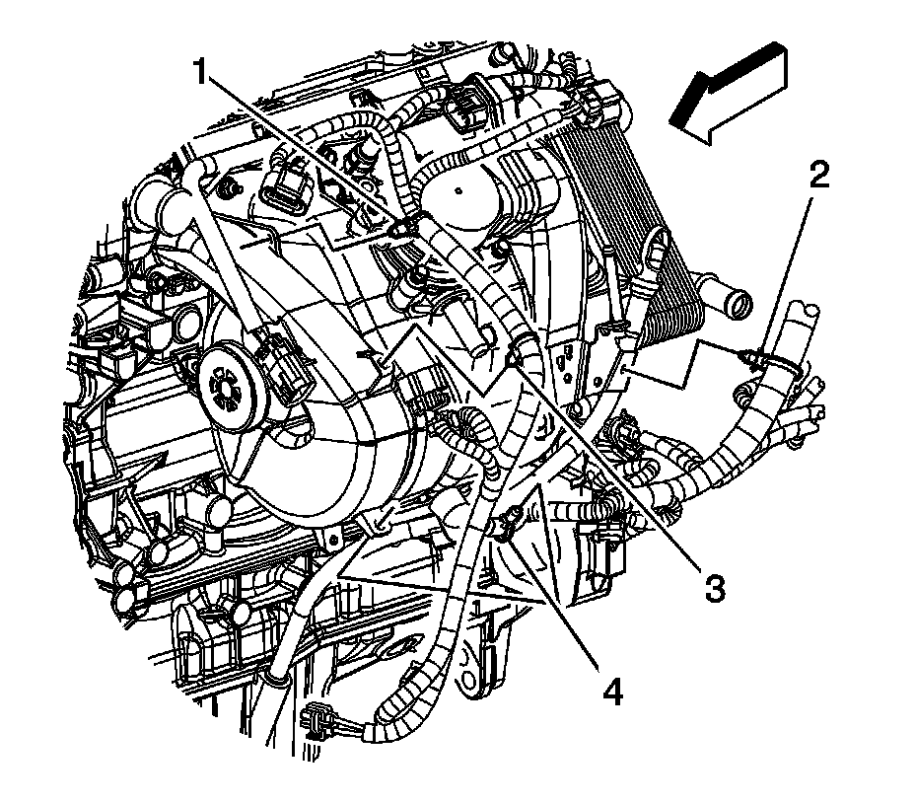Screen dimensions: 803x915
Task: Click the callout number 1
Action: point(202,72)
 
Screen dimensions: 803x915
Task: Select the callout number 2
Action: point(819,176)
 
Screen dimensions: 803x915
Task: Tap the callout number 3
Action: point(712,588)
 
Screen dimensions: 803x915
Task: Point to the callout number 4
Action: point(612,693)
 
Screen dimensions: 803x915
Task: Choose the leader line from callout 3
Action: point(611,464)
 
